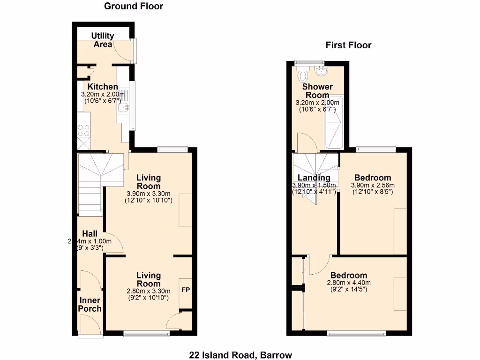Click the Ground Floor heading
134,6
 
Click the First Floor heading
348,45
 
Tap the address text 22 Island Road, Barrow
240,355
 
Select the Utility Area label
103,40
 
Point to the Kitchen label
103,87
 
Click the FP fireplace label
186,290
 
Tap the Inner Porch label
90,304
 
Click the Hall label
90,233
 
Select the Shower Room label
317,91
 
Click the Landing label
314,178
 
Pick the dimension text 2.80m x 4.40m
349,283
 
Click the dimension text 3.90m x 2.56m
373,185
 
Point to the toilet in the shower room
303,75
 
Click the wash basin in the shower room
322,71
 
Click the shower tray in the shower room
334,123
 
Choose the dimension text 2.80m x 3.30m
148,291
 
